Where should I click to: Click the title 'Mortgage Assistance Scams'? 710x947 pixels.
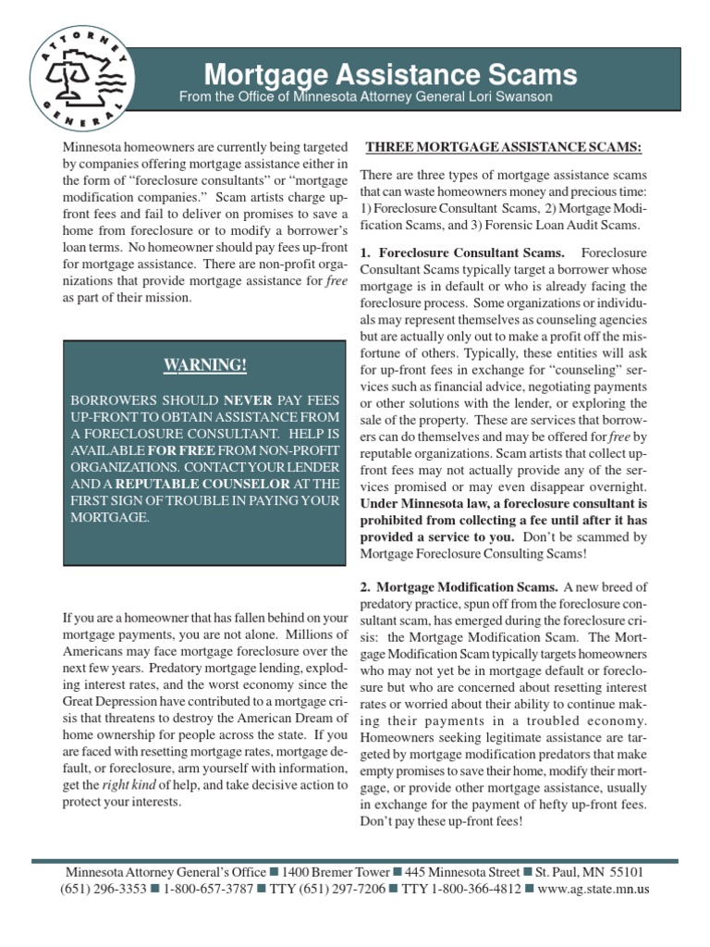pyautogui.click(x=390, y=74)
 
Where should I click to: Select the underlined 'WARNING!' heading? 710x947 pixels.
pyautogui.click(x=205, y=364)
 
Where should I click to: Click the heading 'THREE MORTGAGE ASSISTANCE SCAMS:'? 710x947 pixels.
pyautogui.click(x=504, y=148)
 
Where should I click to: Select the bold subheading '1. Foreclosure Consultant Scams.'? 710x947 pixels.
pyautogui.click(x=462, y=252)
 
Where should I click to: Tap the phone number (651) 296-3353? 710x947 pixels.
pyautogui.click(x=102, y=889)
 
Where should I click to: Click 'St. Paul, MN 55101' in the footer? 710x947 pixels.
pyautogui.click(x=588, y=871)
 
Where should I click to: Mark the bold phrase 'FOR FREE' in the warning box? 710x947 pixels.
pyautogui.click(x=176, y=449)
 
